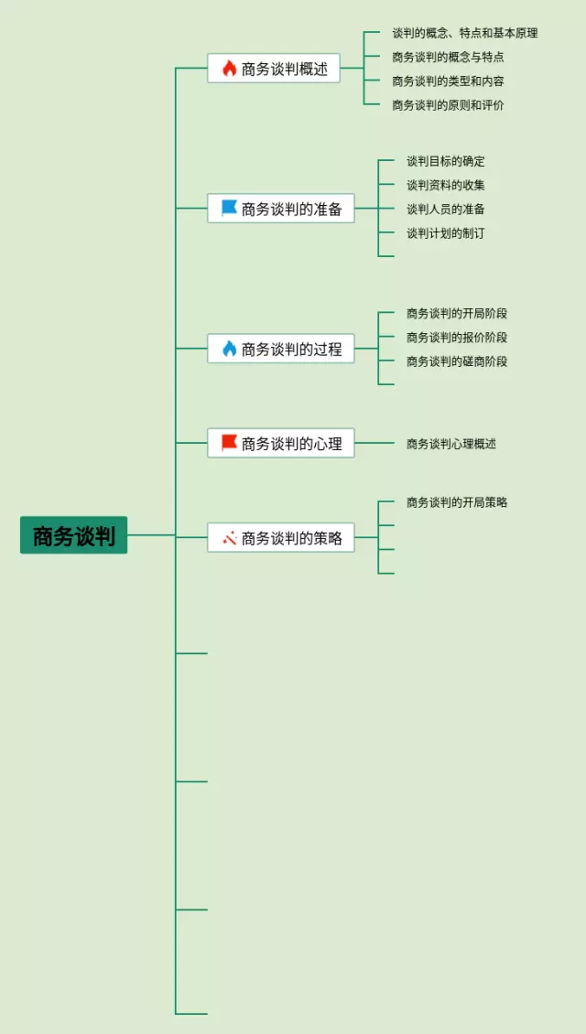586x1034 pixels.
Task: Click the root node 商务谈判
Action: tap(73, 535)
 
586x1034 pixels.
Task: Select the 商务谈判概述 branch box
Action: tap(274, 69)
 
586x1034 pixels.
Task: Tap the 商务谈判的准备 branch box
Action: tap(281, 209)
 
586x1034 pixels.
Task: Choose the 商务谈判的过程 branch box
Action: tap(281, 349)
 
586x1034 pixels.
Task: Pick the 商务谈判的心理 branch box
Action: tap(281, 444)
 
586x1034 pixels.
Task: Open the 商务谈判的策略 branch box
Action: tap(281, 538)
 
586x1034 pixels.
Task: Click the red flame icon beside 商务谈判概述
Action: tap(230, 69)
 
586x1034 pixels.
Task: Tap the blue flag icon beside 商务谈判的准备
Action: tap(229, 209)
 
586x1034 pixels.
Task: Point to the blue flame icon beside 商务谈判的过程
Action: tap(230, 349)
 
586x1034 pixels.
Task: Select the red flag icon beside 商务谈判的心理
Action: tap(229, 443)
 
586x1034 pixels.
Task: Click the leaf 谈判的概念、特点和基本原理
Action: tap(464, 33)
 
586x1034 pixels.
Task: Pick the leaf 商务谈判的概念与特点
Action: tap(448, 57)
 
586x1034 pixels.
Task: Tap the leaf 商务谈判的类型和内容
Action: tap(448, 81)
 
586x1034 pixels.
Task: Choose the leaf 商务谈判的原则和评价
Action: tap(448, 105)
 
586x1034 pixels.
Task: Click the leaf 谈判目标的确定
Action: tap(446, 161)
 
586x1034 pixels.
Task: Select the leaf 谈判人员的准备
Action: tap(446, 209)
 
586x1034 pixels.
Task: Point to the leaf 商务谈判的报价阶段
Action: tap(457, 338)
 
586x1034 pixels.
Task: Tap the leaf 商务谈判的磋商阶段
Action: tap(457, 361)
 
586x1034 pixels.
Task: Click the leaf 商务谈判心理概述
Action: tap(451, 444)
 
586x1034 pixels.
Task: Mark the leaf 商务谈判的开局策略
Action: tap(457, 502)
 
